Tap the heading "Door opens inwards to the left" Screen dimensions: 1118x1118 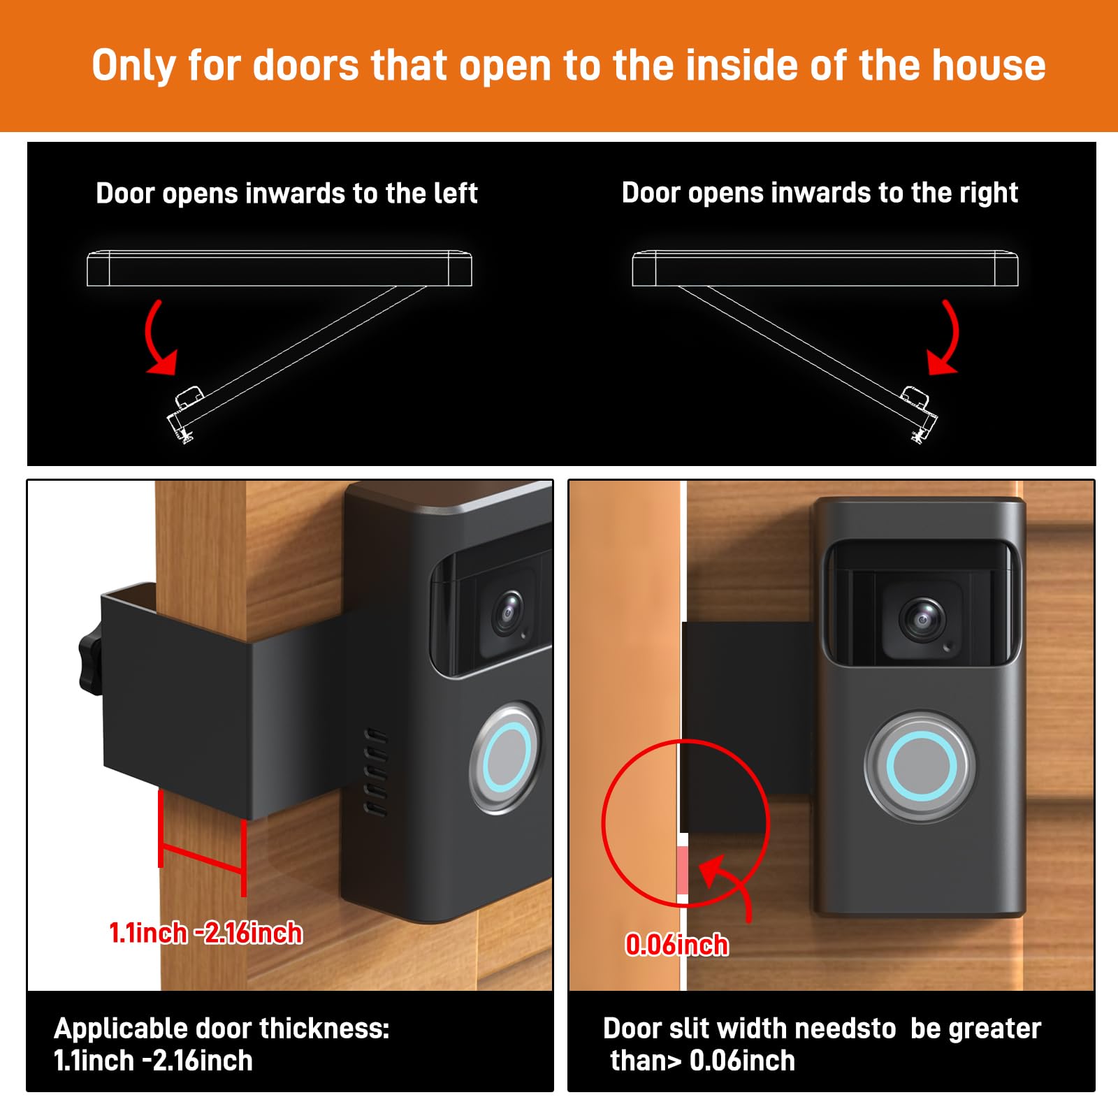click(286, 194)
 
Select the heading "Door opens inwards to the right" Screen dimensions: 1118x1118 click(820, 193)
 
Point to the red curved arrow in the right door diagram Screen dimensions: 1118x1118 click(946, 340)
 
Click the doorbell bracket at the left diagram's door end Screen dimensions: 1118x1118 click(184, 416)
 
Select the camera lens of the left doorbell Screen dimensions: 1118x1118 click(508, 610)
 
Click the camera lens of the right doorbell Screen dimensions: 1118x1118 click(921, 619)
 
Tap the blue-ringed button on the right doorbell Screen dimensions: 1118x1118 click(921, 766)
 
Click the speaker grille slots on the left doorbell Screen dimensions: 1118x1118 click(375, 773)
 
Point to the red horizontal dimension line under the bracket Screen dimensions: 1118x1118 click(202, 854)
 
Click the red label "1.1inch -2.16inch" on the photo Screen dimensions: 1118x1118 click(206, 934)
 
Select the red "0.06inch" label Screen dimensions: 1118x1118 click(676, 945)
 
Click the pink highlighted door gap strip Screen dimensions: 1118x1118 click(683, 871)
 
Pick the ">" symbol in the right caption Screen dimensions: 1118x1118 click(674, 1061)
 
